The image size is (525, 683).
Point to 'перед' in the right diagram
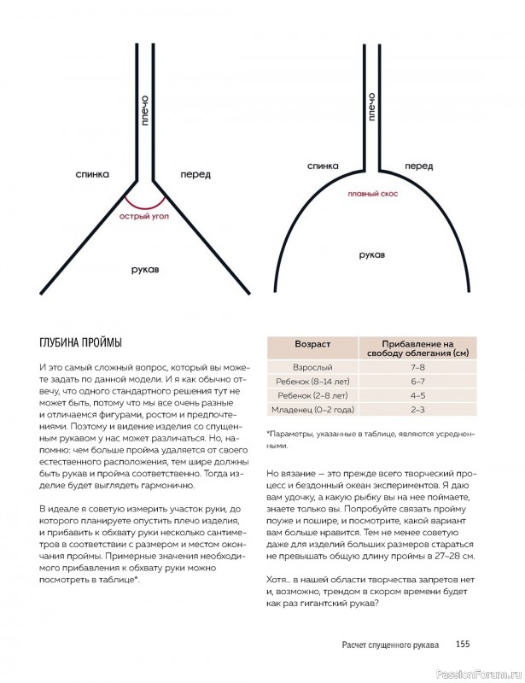tap(419, 166)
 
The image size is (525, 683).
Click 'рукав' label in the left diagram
tap(149, 268)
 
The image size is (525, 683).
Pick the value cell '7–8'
tap(417, 365)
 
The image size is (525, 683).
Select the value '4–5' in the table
tap(417, 396)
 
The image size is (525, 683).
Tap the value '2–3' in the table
tap(417, 411)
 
